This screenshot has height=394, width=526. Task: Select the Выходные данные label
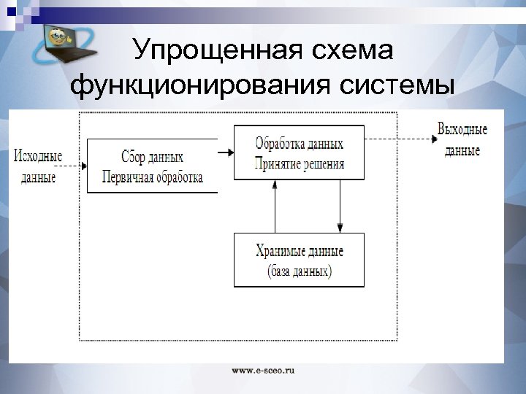pyautogui.click(x=462, y=139)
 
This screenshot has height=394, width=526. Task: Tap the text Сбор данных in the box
pyautogui.click(x=153, y=158)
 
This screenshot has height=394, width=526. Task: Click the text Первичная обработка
pyautogui.click(x=153, y=177)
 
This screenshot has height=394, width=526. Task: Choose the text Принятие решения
pyautogui.click(x=300, y=161)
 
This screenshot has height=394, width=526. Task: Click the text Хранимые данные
pyautogui.click(x=300, y=251)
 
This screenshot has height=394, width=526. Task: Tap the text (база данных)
pyautogui.click(x=300, y=271)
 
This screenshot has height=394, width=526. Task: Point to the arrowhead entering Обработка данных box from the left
pyautogui.click(x=229, y=152)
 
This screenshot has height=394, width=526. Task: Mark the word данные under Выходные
pyautogui.click(x=462, y=150)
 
